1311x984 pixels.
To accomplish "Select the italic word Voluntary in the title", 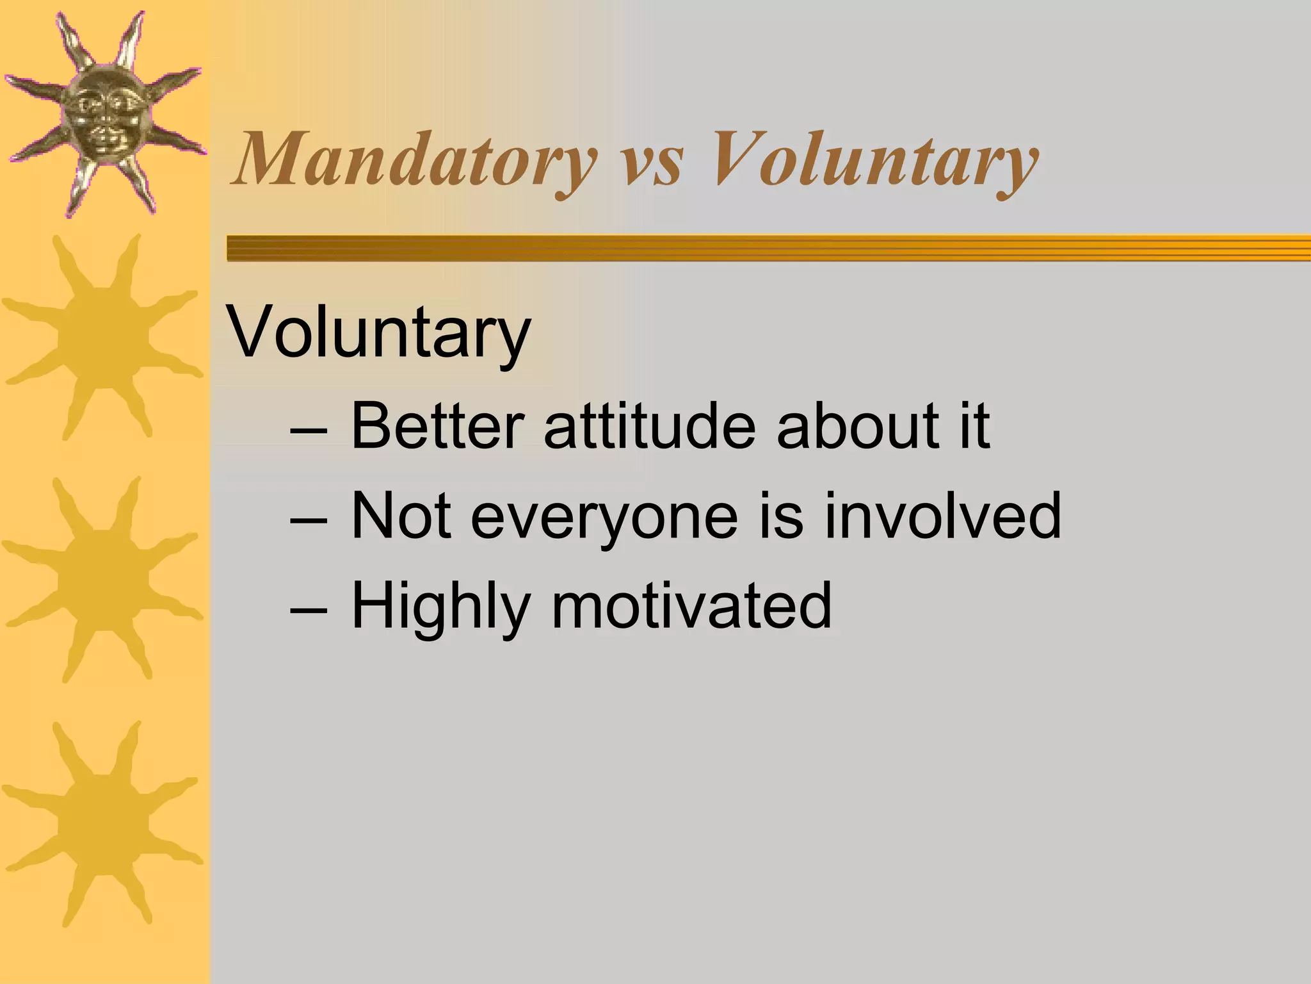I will (x=874, y=160).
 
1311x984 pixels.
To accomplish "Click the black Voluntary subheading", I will (x=379, y=333).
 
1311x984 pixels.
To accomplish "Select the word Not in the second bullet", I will (x=401, y=516).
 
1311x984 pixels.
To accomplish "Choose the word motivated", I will (x=691, y=605).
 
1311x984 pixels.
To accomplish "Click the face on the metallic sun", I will (x=106, y=115).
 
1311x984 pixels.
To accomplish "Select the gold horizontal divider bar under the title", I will (x=768, y=248).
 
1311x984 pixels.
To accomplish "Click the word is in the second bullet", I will (x=781, y=516).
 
